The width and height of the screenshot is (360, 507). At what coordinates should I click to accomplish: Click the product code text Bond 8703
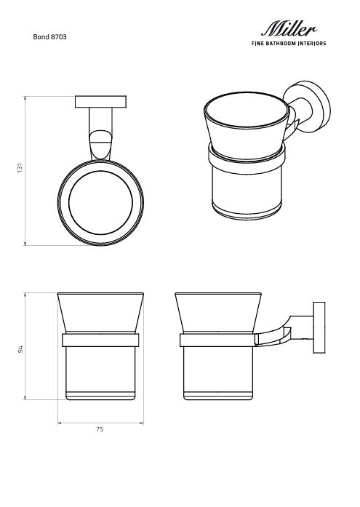(50, 36)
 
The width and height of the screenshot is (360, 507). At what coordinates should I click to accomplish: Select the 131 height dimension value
(20, 169)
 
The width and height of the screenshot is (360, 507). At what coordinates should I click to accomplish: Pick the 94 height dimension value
(21, 348)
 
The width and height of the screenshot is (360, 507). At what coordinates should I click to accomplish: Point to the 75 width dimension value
(100, 429)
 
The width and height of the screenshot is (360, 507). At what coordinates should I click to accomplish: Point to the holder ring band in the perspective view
(246, 156)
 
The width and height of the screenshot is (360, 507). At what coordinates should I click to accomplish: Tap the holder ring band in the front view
(100, 340)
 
